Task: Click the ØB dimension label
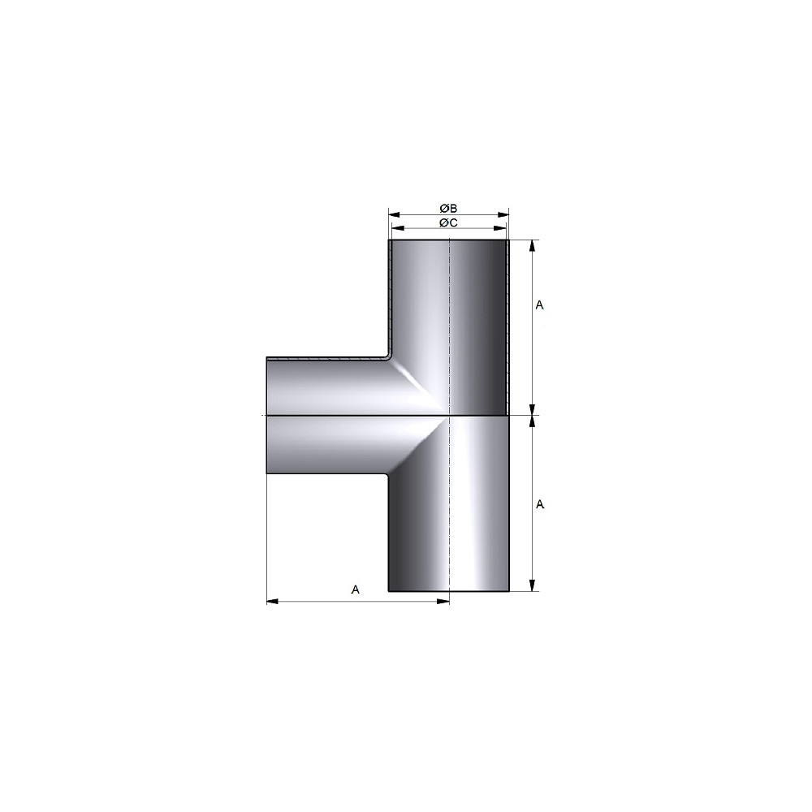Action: click(x=448, y=208)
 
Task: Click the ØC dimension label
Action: click(x=448, y=222)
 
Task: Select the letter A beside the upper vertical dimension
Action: click(x=540, y=305)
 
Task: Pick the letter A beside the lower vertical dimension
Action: click(x=540, y=504)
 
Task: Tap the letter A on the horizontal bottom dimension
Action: click(x=356, y=590)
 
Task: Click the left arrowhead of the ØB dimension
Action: click(x=395, y=214)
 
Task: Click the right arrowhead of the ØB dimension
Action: click(x=503, y=214)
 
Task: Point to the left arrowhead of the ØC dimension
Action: click(x=398, y=228)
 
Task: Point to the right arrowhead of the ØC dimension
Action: click(x=500, y=228)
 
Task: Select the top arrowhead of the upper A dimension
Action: click(x=533, y=246)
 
